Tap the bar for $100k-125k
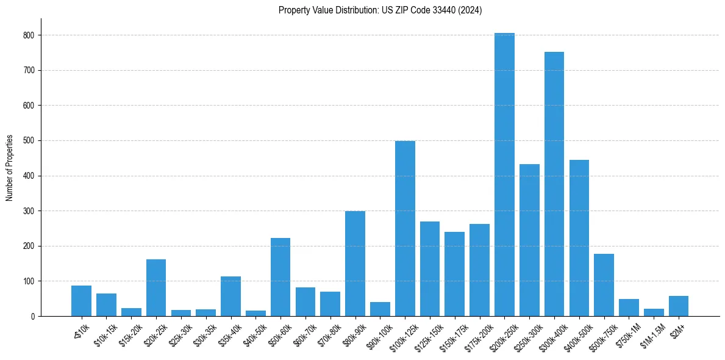pyautogui.click(x=405, y=228)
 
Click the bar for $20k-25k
pyautogui.click(x=156, y=287)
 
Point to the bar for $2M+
pyautogui.click(x=679, y=306)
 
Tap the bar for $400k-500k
pyautogui.click(x=579, y=238)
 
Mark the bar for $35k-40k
pyautogui.click(x=230, y=296)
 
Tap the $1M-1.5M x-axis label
pyautogui.click(x=649, y=333)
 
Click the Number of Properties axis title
pyautogui.click(x=9, y=168)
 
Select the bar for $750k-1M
pyautogui.click(x=629, y=308)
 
